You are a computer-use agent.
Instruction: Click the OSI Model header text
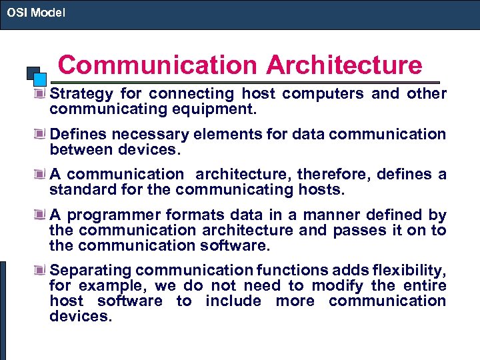(x=36, y=13)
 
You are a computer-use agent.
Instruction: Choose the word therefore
(x=333, y=175)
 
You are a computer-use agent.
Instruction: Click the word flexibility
(x=403, y=270)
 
